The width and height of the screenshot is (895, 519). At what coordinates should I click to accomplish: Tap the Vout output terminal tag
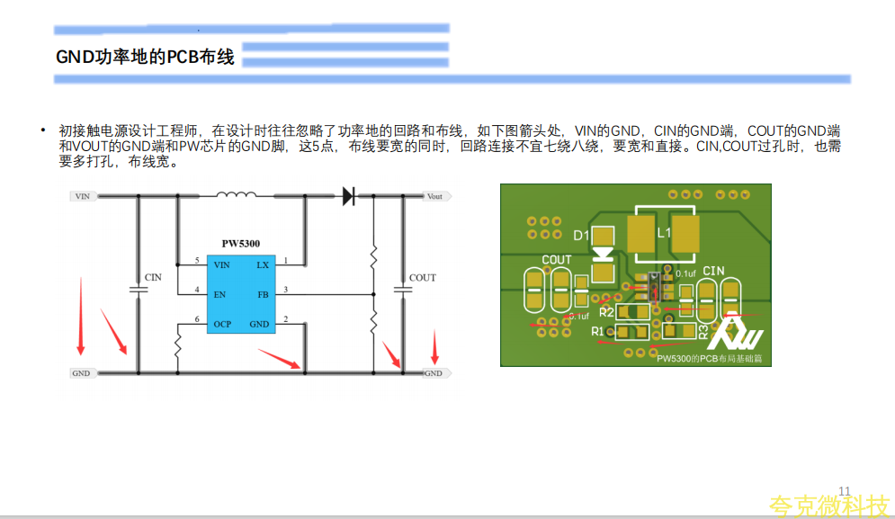pos(434,196)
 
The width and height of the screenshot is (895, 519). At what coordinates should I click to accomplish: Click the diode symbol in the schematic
pos(349,196)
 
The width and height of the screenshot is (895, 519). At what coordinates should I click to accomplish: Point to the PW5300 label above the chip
pos(241,244)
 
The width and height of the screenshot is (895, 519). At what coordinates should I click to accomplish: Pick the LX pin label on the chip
pos(262,264)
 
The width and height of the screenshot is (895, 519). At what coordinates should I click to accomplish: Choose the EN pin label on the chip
pos(219,294)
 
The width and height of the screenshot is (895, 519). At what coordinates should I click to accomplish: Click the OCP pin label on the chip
pos(222,323)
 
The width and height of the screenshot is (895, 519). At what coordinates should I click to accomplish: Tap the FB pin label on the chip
pos(263,294)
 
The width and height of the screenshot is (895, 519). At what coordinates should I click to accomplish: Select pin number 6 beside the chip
pos(197,319)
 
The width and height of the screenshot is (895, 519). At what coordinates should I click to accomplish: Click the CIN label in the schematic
pos(153,277)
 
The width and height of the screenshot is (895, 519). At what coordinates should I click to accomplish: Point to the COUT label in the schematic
pos(422,278)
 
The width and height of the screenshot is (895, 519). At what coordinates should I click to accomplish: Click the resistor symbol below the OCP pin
pos(177,345)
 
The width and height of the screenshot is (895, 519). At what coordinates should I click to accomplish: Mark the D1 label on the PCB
pos(580,236)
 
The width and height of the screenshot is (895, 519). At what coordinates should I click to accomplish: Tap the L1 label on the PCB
pos(664,232)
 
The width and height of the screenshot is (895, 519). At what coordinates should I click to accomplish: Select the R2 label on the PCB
pos(605,312)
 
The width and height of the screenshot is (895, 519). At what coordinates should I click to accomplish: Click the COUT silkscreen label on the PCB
pos(556,260)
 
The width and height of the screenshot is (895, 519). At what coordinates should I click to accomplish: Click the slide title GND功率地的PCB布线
pos(145,58)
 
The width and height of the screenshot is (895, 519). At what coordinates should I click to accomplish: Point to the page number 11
pos(844,490)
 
